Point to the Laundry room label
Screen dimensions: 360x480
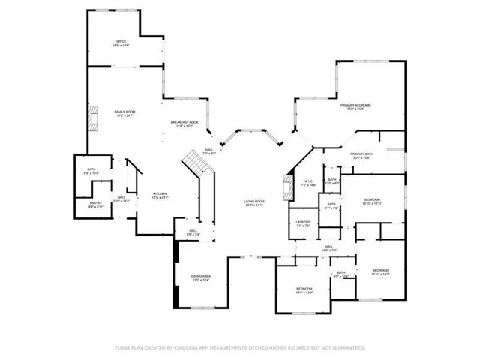(x=303, y=223)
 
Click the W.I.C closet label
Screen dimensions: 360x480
(x=308, y=182)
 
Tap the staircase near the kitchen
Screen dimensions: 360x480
(x=196, y=163)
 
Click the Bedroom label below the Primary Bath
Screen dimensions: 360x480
(x=373, y=201)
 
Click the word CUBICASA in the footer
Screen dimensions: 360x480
(x=185, y=348)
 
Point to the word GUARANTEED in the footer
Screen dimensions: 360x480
(x=347, y=348)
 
